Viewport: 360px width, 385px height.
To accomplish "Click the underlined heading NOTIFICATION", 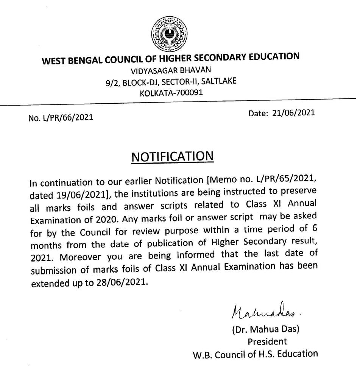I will coord(172,157).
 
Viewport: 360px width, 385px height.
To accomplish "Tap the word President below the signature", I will coord(267,341).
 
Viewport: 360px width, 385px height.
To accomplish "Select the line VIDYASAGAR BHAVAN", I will coord(171,71).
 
